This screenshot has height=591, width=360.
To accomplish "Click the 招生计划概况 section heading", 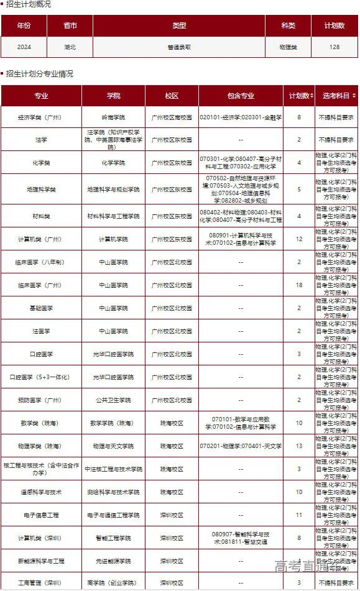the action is (29, 4).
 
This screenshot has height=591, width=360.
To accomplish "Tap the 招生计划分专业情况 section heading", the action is (40, 73).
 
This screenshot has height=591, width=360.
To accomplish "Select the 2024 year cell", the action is (24, 47).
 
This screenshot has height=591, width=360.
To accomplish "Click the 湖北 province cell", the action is (70, 47).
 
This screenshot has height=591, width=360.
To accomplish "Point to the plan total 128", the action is (335, 47).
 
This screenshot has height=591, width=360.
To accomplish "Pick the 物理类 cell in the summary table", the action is (288, 47).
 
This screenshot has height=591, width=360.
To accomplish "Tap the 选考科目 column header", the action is (336, 96).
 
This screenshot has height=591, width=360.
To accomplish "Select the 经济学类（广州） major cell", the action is (41, 117).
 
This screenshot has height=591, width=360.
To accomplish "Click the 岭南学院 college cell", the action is (113, 117).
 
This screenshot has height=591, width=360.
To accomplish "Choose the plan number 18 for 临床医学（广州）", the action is (299, 285).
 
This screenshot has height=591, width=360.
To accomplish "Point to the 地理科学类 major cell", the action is (41, 189).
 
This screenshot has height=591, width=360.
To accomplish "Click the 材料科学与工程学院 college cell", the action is (113, 216).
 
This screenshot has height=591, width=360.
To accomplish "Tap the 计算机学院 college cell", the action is (113, 239).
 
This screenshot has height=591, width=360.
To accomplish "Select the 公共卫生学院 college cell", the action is (113, 400).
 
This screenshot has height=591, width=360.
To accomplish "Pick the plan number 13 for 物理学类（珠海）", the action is (299, 446).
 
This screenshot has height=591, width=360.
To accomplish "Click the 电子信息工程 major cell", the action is (41, 515).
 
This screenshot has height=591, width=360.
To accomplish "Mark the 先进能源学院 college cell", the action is (113, 561).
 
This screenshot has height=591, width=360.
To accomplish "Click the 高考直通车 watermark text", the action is (308, 566).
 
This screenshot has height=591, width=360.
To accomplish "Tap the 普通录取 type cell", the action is (179, 47).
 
